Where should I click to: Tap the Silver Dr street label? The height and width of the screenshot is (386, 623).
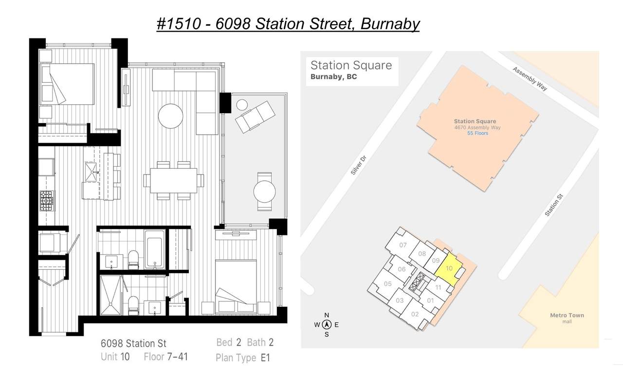[359, 165]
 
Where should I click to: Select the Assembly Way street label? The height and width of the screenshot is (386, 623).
[530, 79]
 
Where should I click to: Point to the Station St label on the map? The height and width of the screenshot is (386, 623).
[554, 205]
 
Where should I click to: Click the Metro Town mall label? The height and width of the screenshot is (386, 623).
[567, 318]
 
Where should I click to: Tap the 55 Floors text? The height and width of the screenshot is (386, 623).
[477, 133]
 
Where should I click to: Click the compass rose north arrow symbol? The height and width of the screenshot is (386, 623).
[327, 324]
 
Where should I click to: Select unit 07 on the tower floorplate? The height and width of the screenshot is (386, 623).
[402, 245]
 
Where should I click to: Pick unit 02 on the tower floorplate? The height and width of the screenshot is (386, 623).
[414, 314]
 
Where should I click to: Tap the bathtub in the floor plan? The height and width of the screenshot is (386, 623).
[154, 250]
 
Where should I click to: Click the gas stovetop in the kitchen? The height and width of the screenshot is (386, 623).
[46, 200]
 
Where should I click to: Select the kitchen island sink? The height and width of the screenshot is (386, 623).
[91, 172]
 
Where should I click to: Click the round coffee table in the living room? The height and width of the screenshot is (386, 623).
[170, 116]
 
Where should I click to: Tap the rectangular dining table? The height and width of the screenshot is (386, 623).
[174, 180]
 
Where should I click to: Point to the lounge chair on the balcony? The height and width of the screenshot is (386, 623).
[255, 117]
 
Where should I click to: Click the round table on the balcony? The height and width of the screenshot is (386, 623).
[264, 192]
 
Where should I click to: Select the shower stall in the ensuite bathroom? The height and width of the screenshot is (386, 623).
[110, 295]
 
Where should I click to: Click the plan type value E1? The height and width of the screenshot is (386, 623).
[265, 358]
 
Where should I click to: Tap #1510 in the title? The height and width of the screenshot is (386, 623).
[179, 24]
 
